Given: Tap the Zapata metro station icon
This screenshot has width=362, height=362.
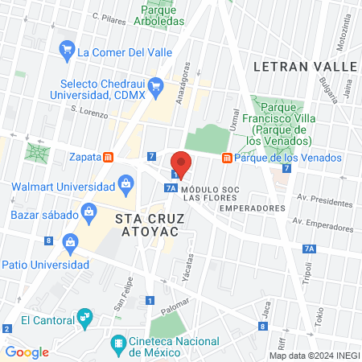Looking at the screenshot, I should point(109,158).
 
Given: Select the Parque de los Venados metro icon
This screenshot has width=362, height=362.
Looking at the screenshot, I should point(228,158).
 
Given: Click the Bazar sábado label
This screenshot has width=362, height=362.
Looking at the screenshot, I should point(45,215).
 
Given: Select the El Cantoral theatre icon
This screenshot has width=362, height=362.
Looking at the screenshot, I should point(84,320).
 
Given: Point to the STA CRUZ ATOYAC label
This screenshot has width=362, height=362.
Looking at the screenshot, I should point(150,225).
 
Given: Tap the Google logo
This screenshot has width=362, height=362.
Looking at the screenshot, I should point(27,352).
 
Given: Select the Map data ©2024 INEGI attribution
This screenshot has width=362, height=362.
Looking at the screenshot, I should point(314,356).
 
